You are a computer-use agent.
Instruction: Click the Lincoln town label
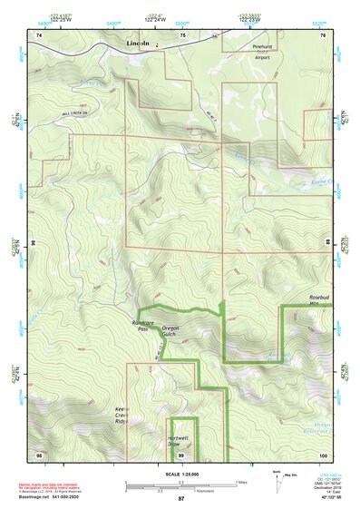point(137,44)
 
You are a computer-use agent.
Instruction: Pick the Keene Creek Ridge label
point(122,420)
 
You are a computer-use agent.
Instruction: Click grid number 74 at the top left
point(38,34)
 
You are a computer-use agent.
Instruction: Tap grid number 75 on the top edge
point(182,34)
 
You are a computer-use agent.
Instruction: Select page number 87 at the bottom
point(180,499)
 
